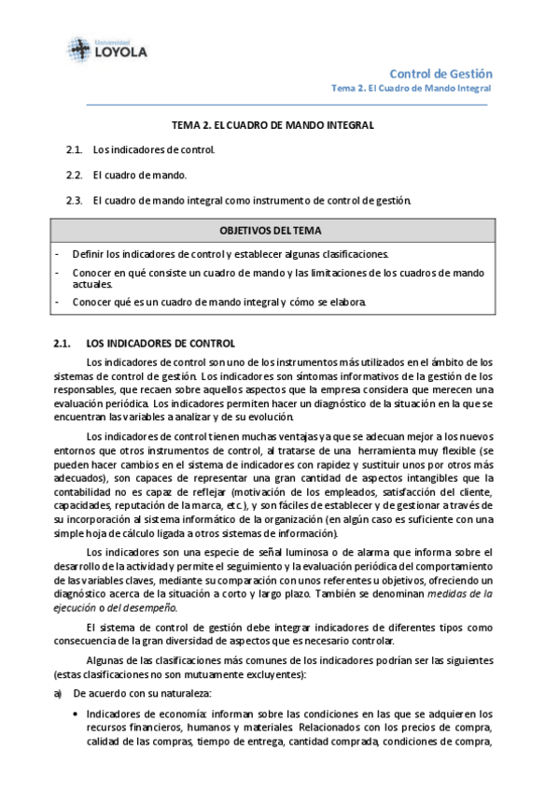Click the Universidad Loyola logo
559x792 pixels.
[x=106, y=48]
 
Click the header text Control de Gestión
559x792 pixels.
[x=440, y=74]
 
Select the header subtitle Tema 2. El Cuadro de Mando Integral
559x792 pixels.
[x=412, y=89]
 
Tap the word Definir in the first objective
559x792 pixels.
[x=88, y=254]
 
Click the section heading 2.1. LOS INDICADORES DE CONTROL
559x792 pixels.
[x=145, y=344]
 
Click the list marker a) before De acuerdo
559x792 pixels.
[x=58, y=693]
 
